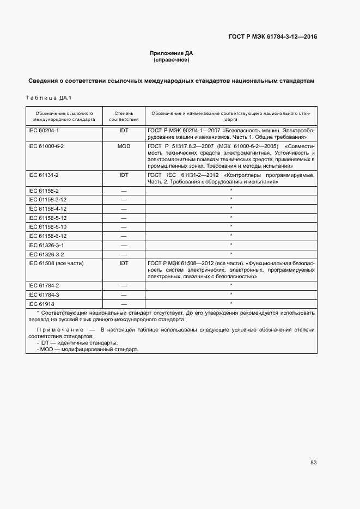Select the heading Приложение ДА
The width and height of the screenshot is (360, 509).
click(172, 53)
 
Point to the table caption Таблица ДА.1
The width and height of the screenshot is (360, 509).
click(49, 98)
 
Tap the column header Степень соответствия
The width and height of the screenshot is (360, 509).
click(124, 115)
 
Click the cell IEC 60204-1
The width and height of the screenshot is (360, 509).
click(44, 131)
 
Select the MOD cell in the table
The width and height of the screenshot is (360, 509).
click(124, 146)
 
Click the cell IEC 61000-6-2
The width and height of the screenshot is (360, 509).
click(46, 146)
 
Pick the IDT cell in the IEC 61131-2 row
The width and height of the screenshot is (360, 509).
click(124, 175)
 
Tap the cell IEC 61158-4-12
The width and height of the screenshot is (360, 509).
click(47, 208)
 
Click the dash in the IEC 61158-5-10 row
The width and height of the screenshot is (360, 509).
click(124, 226)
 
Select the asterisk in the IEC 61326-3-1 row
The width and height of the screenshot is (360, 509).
click(231, 244)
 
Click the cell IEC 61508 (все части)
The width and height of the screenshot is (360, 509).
click(56, 263)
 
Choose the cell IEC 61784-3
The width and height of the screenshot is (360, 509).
click(44, 294)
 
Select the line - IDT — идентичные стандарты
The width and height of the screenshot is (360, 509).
click(77, 342)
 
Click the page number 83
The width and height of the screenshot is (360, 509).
click(313, 462)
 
